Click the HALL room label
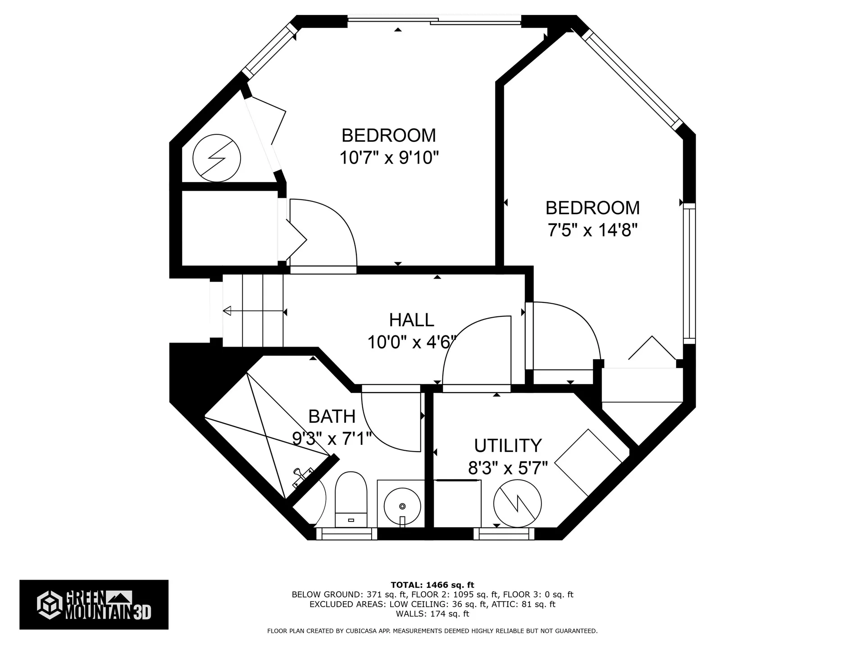click(x=411, y=320)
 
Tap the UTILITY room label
click(x=508, y=446)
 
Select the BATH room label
click(x=332, y=416)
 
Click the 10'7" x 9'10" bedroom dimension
click(x=389, y=158)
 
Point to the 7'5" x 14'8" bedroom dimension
click(x=592, y=230)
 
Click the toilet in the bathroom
click(x=351, y=499)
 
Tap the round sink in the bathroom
click(x=402, y=506)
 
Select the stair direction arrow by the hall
click(x=254, y=311)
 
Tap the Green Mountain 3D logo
click(x=94, y=604)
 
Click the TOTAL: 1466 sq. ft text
click(x=432, y=585)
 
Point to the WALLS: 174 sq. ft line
click(x=432, y=614)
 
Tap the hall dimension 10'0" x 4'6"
click(x=411, y=343)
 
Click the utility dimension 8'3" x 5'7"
click(x=508, y=468)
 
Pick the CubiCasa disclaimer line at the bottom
click(x=432, y=631)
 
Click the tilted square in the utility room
click(x=588, y=463)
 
